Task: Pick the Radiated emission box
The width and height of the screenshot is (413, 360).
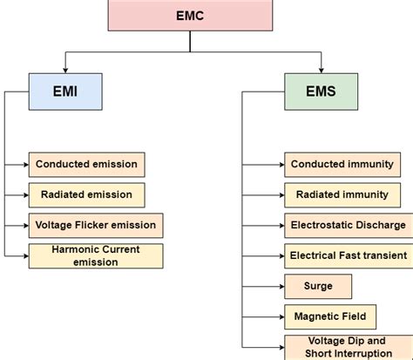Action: point(86,194)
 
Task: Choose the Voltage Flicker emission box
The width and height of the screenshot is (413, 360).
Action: point(95,225)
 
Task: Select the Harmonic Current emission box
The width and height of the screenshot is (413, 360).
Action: point(95,255)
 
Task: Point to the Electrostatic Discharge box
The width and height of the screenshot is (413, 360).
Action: point(348,225)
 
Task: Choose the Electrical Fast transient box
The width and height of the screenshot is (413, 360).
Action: point(348,255)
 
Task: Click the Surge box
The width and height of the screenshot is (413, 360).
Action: point(318,286)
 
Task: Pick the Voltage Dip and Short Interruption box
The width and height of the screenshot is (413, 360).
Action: point(348,347)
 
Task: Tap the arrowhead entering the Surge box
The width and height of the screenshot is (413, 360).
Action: point(280,286)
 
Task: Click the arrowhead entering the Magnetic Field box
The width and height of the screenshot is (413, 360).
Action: point(280,316)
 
